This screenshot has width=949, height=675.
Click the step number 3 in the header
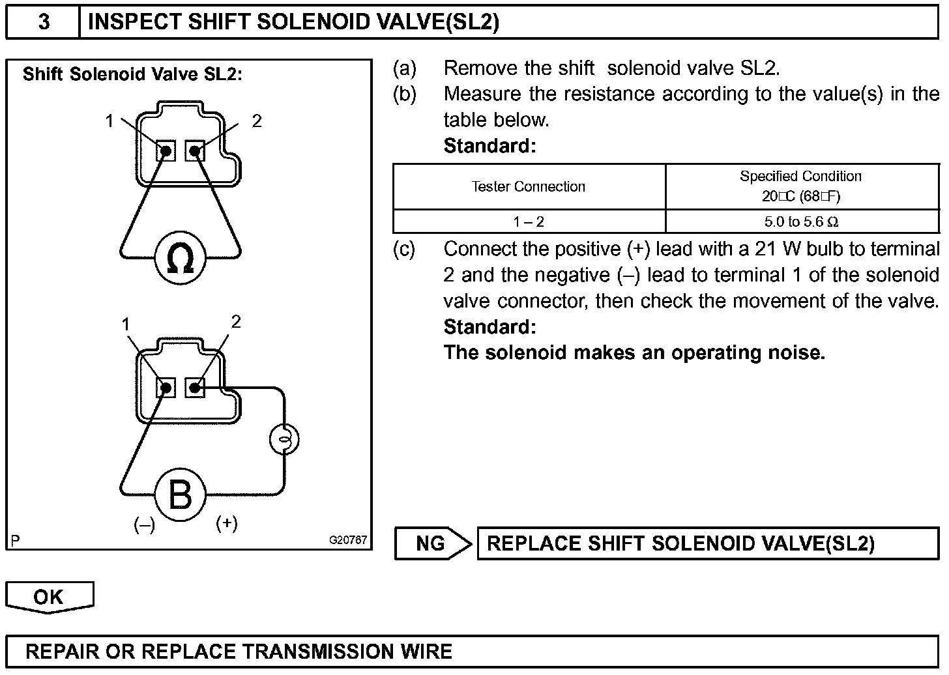point(44,22)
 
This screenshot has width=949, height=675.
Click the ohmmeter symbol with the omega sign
point(180,259)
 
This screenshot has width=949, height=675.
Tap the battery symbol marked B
point(180,495)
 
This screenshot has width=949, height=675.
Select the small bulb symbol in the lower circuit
point(284,440)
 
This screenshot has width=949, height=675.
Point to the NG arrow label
point(431,543)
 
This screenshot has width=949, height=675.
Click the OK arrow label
point(49,597)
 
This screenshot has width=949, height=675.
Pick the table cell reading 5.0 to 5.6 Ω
point(801,222)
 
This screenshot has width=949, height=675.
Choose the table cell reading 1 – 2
point(529,222)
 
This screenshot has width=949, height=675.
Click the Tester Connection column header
point(529,187)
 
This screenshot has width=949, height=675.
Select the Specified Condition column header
point(801,186)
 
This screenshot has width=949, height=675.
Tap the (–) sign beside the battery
point(144,524)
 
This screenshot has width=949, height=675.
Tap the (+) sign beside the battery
point(226,523)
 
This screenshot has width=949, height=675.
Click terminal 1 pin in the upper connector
point(166,151)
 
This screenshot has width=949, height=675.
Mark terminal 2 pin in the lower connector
point(194,388)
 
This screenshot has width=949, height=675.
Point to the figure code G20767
point(348,540)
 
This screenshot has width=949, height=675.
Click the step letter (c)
point(403,249)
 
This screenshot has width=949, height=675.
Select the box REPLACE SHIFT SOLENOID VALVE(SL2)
point(707,543)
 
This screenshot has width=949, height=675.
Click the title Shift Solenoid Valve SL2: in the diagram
point(132,74)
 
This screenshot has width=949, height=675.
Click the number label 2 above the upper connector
point(257,121)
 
